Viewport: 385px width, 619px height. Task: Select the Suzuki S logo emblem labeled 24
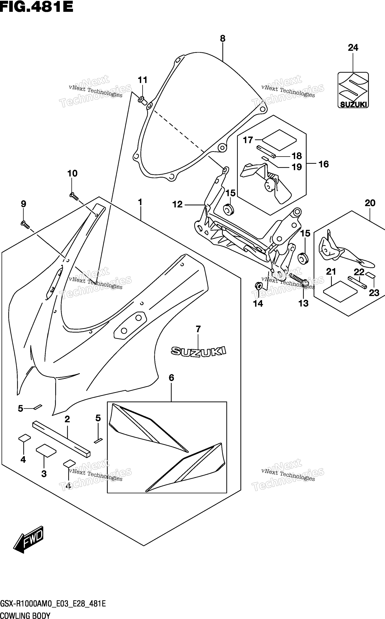(353, 90)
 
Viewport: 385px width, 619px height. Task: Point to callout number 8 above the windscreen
(223, 39)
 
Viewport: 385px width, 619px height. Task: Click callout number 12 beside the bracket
(177, 204)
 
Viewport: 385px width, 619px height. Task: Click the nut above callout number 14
(258, 286)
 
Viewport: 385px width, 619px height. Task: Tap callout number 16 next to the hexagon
(324, 164)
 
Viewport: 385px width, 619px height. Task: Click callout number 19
(297, 167)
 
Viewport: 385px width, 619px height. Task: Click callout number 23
(374, 293)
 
